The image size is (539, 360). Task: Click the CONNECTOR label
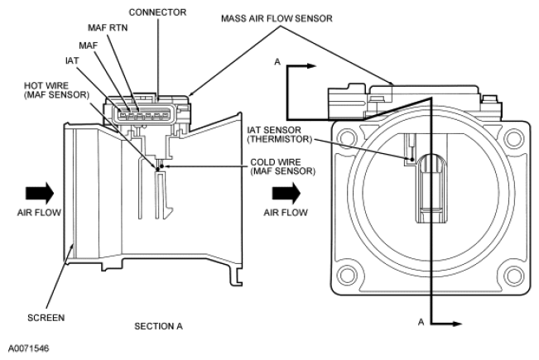point(157,12)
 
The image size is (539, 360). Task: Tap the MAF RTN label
point(108,27)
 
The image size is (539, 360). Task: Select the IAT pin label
point(72,60)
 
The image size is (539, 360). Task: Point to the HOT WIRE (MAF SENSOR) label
point(56,90)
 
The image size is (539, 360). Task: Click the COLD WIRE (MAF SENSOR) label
point(282,166)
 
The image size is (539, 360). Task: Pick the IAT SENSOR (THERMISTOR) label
point(280,135)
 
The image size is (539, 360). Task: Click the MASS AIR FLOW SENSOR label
point(277,18)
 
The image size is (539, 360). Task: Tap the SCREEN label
point(46,318)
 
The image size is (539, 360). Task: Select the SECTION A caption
point(158,326)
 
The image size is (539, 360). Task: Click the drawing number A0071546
point(28,348)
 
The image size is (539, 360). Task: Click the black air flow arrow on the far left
point(40,193)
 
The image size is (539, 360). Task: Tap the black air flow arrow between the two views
point(286,193)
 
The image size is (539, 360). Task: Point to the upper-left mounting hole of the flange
point(347,138)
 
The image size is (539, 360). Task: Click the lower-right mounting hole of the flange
point(513,276)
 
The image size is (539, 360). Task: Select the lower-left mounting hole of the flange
point(347,276)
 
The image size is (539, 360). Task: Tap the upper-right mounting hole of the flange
point(513,138)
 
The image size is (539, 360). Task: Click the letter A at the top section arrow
point(277,62)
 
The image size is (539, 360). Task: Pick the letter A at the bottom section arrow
point(421,322)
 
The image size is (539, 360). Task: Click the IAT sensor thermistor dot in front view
point(411,159)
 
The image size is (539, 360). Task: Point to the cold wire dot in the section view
point(162,166)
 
